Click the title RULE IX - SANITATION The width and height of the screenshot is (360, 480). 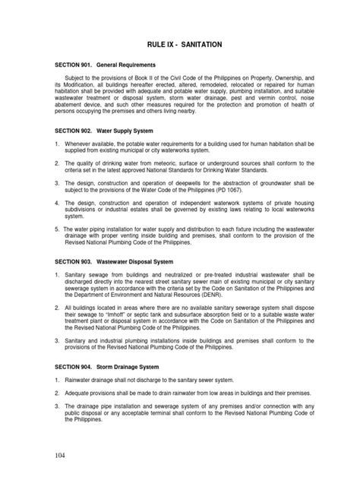(179, 46)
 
